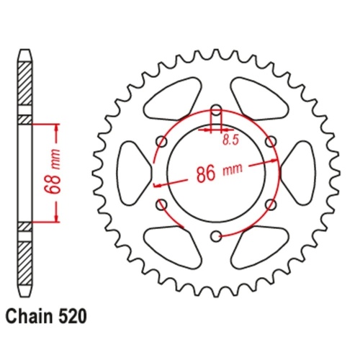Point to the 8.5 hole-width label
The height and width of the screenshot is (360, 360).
pyautogui.click(x=230, y=140)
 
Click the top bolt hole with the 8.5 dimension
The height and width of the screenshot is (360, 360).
pyautogui.click(x=216, y=112)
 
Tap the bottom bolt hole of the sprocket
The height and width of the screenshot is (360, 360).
pyautogui.click(x=216, y=235)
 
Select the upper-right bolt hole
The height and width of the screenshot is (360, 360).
pyautogui.click(x=270, y=143)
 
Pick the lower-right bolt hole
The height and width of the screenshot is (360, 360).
pyautogui.click(x=270, y=204)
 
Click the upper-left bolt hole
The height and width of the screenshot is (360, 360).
pyautogui.click(x=162, y=143)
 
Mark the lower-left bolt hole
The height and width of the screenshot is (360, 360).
pyautogui.click(x=162, y=204)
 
